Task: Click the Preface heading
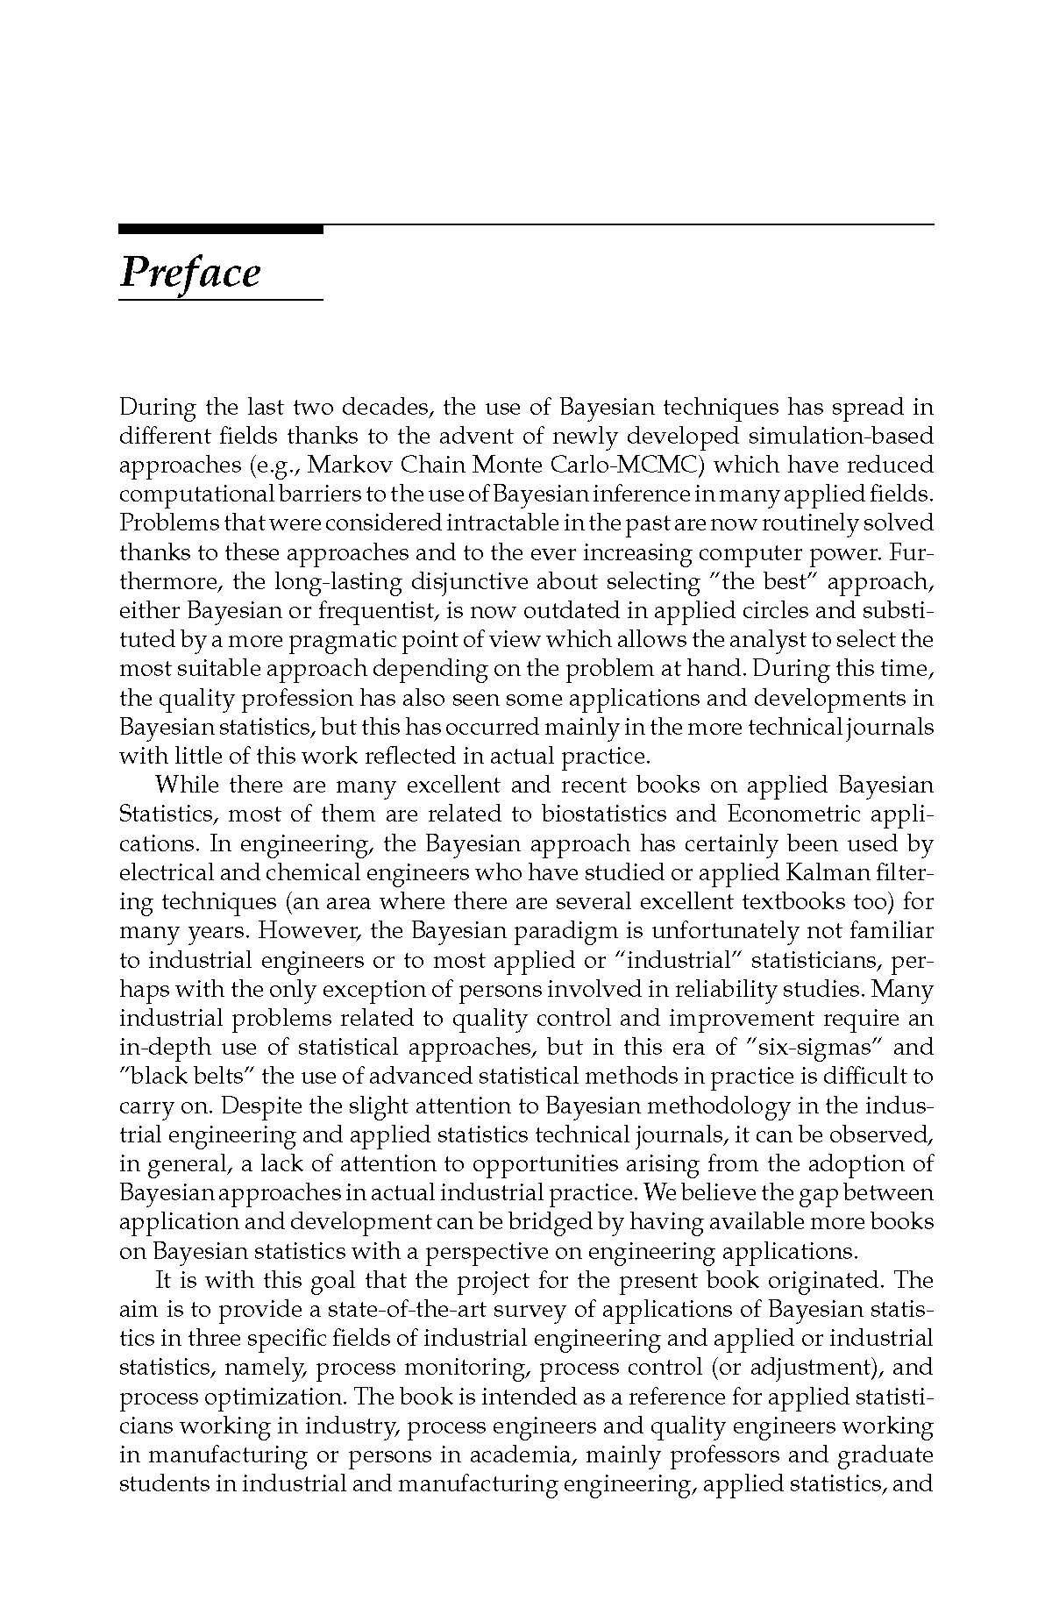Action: [x=190, y=273]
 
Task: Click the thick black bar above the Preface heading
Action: [x=220, y=230]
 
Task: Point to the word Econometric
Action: [x=787, y=814]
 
